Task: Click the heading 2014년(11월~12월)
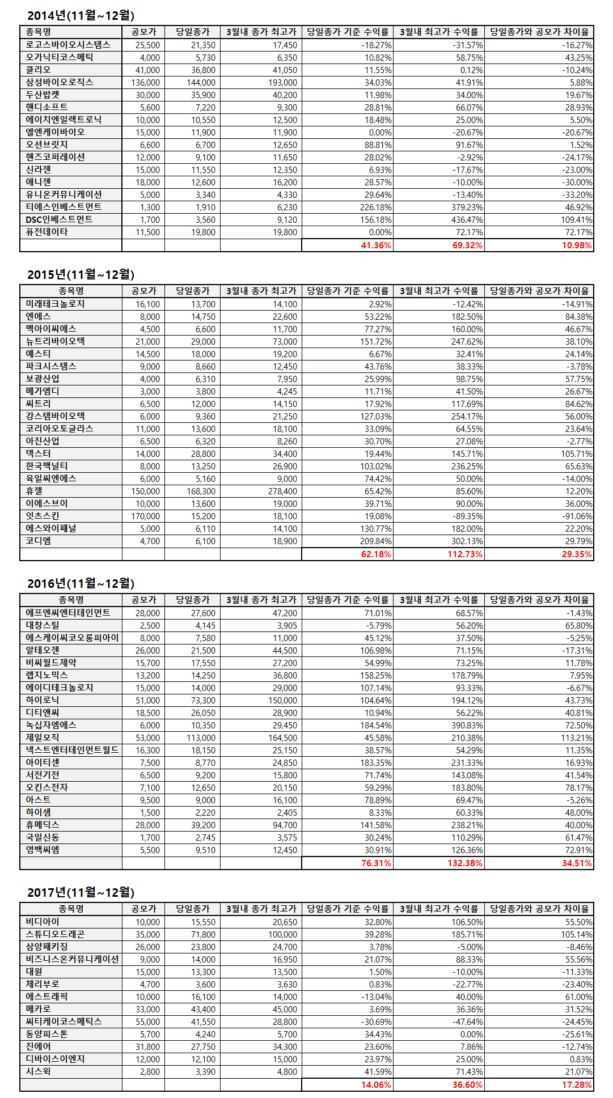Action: click(81, 16)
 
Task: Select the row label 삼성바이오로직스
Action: click(60, 82)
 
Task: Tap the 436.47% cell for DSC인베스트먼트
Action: click(467, 220)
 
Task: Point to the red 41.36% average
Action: click(376, 245)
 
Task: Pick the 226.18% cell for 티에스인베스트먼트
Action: click(375, 207)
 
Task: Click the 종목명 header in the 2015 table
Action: click(71, 291)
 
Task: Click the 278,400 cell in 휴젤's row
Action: click(282, 491)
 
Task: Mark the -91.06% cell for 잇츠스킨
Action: click(577, 516)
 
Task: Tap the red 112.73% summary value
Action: click(465, 554)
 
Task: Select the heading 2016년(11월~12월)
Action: click(81, 583)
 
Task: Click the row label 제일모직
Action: click(43, 737)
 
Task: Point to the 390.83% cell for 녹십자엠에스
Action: click(467, 726)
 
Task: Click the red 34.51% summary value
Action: click(577, 863)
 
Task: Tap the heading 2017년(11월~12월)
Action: click(81, 892)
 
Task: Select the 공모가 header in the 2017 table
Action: click(143, 909)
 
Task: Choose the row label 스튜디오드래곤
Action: click(55, 934)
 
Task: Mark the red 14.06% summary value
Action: click(376, 1085)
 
